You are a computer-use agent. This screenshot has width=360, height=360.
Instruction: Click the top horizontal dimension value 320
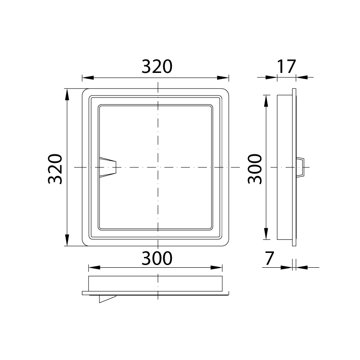click(x=157, y=67)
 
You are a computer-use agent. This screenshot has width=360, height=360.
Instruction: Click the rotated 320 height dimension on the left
click(x=55, y=169)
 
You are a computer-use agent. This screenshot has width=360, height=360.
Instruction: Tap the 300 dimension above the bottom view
click(x=157, y=258)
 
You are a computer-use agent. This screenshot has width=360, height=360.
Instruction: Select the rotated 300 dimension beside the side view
click(x=255, y=169)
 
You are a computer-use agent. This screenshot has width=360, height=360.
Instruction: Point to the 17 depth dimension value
click(x=286, y=67)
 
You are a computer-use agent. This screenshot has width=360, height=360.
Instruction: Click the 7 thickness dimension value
click(x=270, y=258)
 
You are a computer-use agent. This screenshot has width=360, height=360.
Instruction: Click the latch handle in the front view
click(x=108, y=167)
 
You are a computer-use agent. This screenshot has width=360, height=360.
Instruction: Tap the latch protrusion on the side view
click(x=300, y=167)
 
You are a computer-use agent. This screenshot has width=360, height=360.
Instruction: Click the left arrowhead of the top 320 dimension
click(x=88, y=77)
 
